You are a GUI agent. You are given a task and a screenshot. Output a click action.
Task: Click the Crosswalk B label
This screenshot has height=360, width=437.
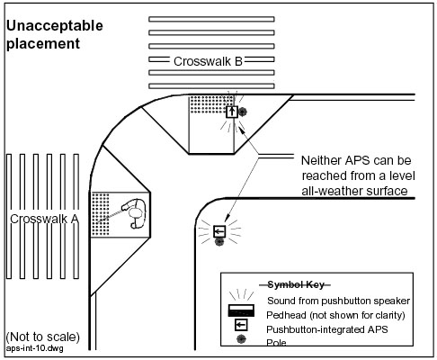tap(208, 61)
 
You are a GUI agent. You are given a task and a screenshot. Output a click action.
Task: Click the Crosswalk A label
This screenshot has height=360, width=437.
tap(44, 219)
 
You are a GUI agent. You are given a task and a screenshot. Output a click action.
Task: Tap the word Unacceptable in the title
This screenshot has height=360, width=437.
tap(55, 26)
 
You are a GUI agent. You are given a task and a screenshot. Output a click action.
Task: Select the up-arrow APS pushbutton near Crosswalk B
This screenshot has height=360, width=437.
tap(232, 112)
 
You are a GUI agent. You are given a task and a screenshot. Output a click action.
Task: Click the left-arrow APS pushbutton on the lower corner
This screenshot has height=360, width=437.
tap(219, 231)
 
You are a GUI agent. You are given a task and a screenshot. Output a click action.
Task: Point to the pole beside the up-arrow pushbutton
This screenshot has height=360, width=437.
tap(243, 112)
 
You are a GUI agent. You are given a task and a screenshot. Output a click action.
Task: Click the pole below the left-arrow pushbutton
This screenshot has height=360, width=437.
tap(219, 241)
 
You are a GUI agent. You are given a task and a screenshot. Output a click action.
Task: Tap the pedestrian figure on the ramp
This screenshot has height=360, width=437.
tap(135, 213)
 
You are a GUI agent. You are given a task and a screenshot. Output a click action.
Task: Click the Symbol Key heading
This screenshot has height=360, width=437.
tap(296, 284)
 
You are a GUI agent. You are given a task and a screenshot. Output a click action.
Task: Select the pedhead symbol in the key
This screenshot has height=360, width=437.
tap(241, 310)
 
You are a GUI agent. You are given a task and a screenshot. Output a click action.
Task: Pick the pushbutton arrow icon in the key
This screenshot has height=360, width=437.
tap(241, 325)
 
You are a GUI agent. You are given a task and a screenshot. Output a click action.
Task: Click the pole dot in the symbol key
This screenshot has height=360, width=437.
tap(241, 339)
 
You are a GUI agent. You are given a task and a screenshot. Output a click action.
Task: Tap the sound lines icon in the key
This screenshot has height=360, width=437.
tap(241, 294)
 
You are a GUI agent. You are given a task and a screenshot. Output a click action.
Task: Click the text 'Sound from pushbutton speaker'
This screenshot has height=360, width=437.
tap(338, 301)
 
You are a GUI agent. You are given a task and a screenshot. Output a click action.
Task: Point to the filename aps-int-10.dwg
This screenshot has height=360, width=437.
tap(34, 348)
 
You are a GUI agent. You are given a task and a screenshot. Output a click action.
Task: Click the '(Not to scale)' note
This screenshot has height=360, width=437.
tap(43, 337)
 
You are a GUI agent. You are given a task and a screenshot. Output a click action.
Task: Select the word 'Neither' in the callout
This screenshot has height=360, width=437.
tap(321, 160)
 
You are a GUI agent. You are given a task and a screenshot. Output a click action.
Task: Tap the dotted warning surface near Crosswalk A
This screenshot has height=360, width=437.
tap(100, 214)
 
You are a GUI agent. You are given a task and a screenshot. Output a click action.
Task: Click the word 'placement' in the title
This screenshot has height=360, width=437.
tap(43, 44)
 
